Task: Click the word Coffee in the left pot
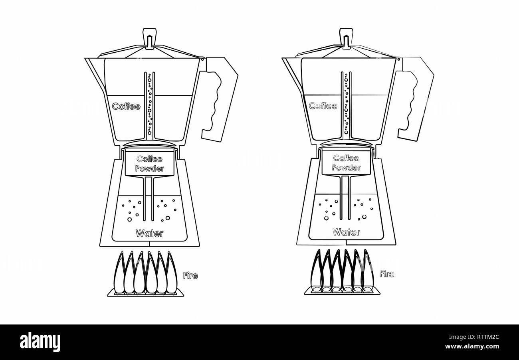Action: pos(126,107)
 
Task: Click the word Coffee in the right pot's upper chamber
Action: pos(323,106)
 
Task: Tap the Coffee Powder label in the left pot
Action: pos(150,164)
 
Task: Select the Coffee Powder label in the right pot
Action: pos(346,163)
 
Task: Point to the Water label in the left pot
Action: pos(149,233)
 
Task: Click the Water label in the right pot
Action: pos(346,232)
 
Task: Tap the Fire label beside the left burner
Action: pos(190,275)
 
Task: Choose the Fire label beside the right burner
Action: pos(386,274)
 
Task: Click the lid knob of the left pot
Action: pos(149,38)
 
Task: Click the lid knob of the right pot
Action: pos(346,38)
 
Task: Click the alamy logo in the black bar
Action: pos(40,342)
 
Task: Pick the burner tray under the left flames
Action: pos(145,294)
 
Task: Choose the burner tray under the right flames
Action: pos(342,292)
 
